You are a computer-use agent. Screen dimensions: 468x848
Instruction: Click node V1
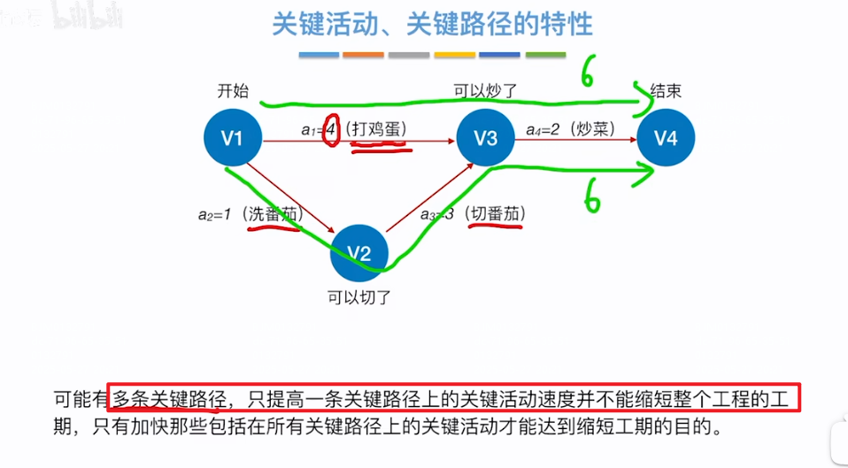[232, 138]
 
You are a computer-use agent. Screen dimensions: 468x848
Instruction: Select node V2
[358, 253]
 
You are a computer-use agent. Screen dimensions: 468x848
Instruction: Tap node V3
[485, 138]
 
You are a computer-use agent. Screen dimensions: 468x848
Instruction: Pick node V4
[666, 138]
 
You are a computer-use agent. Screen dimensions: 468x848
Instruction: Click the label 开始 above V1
[233, 91]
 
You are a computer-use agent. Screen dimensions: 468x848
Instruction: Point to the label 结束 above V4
[666, 91]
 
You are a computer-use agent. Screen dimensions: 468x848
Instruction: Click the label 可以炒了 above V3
[484, 91]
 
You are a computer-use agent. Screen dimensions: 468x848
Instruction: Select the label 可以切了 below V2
[358, 298]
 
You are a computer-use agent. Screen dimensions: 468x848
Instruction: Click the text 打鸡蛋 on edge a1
[379, 129]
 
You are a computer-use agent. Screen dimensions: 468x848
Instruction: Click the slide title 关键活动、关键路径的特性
[432, 24]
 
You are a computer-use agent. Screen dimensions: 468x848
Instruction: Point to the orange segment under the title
[363, 55]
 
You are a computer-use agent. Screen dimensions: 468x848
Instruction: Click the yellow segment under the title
[454, 55]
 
